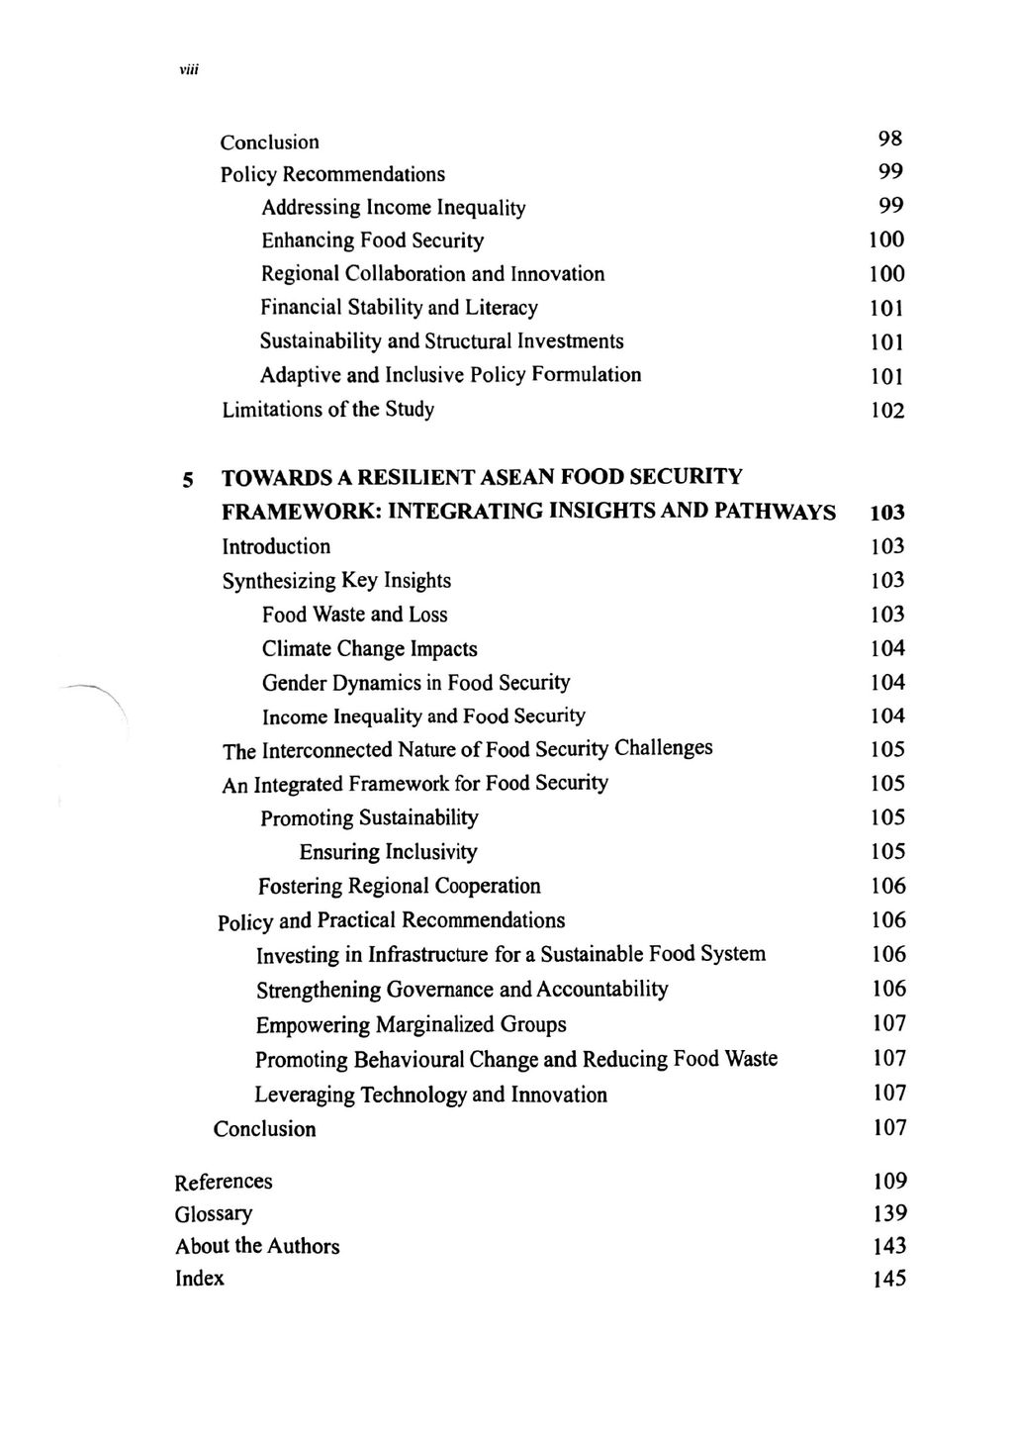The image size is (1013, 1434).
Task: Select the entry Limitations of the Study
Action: (327, 409)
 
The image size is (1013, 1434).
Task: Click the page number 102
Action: (887, 410)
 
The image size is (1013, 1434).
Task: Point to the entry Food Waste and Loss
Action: (354, 615)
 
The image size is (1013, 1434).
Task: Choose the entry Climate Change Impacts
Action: (369, 649)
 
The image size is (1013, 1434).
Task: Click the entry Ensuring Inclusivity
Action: (388, 852)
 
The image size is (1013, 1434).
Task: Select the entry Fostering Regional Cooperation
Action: (400, 886)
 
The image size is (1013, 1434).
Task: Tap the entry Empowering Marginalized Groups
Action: (411, 1024)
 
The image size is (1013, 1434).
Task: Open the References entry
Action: (224, 1182)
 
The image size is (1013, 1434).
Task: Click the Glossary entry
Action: (214, 1214)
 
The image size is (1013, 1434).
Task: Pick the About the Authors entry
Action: (257, 1246)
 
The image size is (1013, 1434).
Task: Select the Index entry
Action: (200, 1279)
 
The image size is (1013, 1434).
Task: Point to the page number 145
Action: (888, 1279)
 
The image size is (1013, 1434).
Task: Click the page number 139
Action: (888, 1214)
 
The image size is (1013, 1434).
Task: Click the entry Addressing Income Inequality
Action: (393, 208)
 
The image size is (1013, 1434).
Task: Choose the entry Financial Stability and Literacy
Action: (399, 308)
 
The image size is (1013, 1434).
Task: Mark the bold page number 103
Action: (887, 513)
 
